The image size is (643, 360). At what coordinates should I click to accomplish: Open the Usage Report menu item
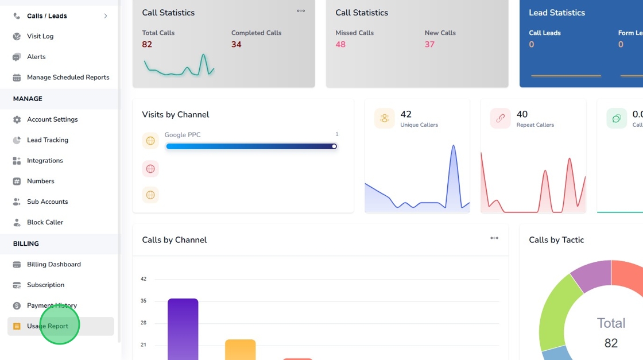(48, 326)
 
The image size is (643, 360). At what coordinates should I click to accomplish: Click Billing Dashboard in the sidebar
(53, 264)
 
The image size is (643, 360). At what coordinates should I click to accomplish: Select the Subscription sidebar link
(45, 285)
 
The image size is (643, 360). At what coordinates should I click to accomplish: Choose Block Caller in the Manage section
(45, 222)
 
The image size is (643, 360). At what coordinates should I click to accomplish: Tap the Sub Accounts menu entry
(47, 202)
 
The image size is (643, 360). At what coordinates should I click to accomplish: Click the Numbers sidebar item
(40, 181)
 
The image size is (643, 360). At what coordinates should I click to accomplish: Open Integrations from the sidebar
(45, 161)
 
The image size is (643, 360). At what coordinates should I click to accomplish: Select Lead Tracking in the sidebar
(47, 140)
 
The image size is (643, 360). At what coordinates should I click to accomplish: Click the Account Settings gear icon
(17, 119)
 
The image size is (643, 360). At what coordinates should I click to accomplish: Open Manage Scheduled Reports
(68, 78)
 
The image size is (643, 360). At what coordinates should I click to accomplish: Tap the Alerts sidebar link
(36, 57)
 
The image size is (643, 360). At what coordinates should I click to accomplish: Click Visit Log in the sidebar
(40, 36)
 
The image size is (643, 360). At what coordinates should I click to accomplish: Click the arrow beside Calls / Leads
(106, 16)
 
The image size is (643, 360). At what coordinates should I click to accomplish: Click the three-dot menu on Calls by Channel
(494, 238)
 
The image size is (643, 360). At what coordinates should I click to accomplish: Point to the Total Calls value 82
(147, 44)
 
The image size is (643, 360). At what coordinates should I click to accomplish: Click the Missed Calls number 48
(340, 44)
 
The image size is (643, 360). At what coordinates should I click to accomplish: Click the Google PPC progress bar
(251, 146)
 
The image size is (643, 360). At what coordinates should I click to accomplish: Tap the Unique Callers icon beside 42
(384, 118)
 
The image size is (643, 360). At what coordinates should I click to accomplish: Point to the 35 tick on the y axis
(144, 301)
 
